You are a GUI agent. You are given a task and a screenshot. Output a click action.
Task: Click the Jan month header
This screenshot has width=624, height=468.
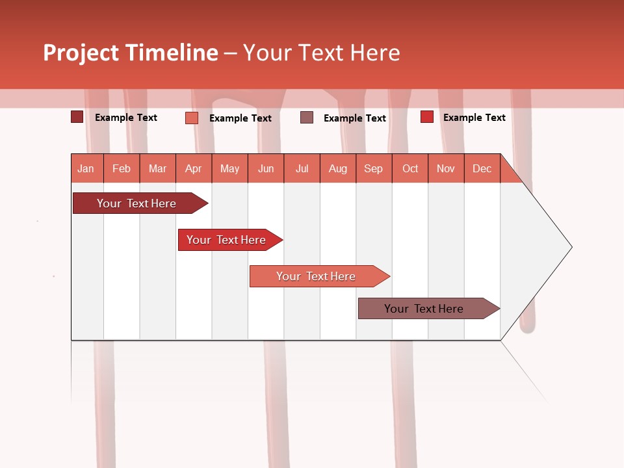click(86, 168)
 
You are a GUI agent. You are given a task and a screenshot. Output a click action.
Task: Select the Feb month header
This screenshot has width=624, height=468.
click(122, 168)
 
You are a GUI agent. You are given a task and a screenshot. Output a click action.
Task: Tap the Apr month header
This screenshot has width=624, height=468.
click(194, 168)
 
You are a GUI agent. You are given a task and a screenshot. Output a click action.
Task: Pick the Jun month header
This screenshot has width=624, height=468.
click(266, 168)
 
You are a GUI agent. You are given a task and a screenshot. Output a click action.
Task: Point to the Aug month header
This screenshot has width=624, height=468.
click(338, 168)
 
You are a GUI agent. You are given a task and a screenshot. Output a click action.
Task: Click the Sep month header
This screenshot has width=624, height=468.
click(374, 168)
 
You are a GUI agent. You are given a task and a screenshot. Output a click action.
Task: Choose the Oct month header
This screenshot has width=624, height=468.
click(410, 168)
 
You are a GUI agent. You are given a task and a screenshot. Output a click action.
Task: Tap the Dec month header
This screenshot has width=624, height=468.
click(482, 168)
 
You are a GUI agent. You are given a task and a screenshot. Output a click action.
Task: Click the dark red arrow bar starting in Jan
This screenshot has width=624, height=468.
click(136, 203)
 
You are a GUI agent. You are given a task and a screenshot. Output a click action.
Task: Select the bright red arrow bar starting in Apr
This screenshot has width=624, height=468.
click(226, 240)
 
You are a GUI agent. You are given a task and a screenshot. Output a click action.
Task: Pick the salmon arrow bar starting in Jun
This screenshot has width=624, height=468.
click(316, 276)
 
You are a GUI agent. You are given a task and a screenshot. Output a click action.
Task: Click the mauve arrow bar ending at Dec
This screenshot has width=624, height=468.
click(424, 309)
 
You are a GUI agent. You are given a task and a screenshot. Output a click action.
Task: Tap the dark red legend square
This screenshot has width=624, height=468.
click(77, 117)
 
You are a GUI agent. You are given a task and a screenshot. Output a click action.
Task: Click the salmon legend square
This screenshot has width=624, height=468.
click(191, 118)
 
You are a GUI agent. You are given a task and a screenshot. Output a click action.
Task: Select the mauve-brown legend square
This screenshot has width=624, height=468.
click(307, 117)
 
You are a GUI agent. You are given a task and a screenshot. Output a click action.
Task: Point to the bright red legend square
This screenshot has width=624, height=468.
click(426, 117)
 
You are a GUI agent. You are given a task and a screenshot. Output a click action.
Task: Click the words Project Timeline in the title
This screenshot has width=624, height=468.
click(130, 53)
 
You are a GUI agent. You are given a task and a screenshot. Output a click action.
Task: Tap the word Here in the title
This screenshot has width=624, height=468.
click(375, 53)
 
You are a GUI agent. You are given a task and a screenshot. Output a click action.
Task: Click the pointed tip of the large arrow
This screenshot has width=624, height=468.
click(570, 246)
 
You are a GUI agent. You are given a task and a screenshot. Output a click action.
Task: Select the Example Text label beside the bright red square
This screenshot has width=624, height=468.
click(474, 118)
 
